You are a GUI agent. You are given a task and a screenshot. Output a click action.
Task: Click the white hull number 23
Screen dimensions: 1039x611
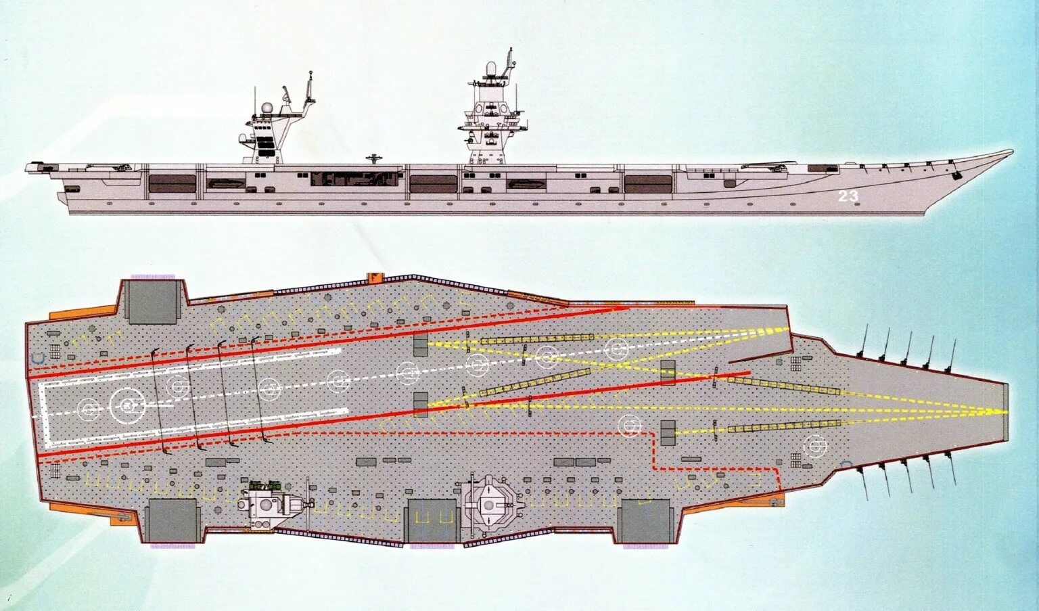848,196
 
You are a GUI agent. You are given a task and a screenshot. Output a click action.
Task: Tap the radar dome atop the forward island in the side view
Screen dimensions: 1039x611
490,70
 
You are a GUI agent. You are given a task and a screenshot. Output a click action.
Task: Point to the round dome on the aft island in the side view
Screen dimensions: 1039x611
267,107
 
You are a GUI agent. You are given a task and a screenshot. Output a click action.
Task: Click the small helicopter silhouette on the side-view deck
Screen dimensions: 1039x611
374,159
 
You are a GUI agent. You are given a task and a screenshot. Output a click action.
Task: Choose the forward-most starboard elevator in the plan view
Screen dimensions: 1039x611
643,520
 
